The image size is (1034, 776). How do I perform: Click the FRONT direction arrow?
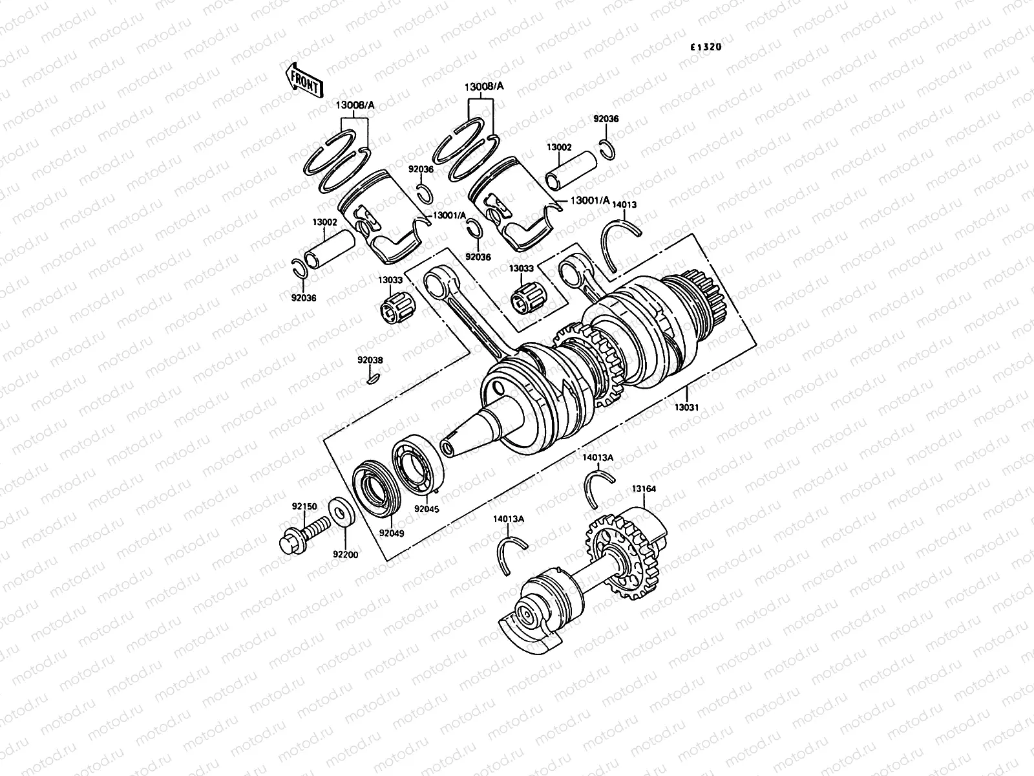[303, 80]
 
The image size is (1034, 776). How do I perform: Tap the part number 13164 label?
[643, 490]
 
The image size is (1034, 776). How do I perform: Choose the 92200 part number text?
[346, 554]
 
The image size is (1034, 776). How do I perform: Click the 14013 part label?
[624, 204]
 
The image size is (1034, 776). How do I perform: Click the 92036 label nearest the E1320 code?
[606, 119]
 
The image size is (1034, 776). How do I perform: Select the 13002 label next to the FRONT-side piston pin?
[325, 222]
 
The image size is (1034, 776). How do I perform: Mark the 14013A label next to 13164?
[598, 457]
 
